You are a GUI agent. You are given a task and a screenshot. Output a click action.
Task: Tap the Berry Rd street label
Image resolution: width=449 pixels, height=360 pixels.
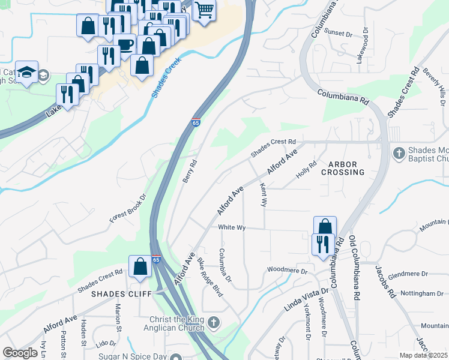(x=190, y=172)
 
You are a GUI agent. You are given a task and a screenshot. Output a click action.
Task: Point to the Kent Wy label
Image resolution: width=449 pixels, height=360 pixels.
(x=263, y=195)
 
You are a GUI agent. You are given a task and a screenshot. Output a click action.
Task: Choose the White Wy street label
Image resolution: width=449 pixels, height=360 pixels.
(x=232, y=227)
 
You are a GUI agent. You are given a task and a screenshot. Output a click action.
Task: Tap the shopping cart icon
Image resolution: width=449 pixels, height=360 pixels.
(x=204, y=10)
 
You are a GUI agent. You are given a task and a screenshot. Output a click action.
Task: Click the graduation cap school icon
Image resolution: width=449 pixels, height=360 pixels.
(x=27, y=73)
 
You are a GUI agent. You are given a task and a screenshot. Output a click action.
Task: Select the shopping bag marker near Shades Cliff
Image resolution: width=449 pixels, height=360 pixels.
(x=140, y=266)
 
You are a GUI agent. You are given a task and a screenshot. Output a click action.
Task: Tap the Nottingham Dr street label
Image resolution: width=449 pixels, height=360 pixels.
(x=423, y=293)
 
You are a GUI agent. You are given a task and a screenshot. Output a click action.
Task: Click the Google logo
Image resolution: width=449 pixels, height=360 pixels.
(x=20, y=353)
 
